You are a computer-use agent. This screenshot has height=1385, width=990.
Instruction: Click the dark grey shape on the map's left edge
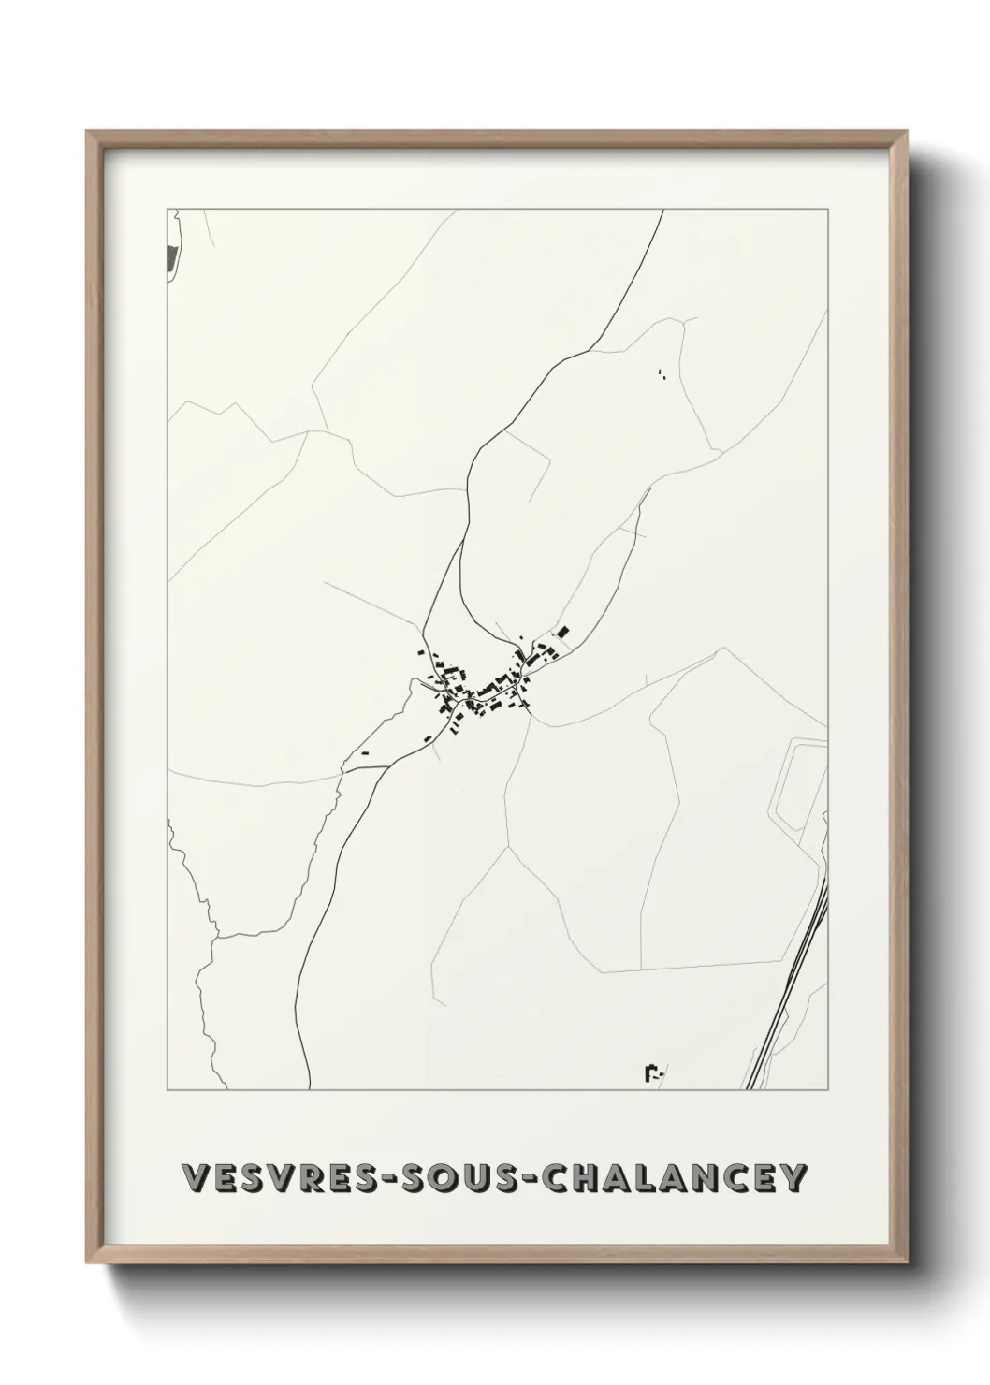point(170,258)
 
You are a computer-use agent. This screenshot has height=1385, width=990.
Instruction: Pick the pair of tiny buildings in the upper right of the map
point(662,375)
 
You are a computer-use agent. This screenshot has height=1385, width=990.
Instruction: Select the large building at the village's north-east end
point(563,634)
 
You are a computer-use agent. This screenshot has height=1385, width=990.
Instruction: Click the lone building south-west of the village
point(366,752)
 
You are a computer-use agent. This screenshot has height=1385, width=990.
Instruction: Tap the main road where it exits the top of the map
point(662,211)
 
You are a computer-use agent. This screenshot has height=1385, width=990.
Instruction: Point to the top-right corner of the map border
point(826,210)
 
